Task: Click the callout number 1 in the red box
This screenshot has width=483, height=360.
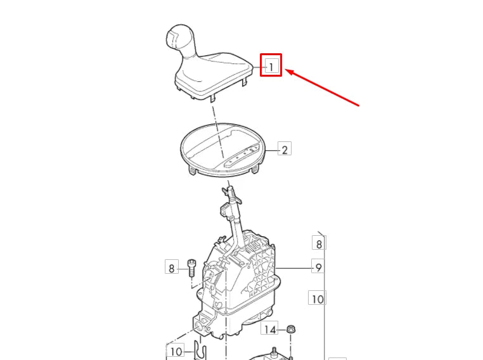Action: [x=271, y=67]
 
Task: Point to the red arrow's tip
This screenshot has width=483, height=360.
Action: [x=285, y=70]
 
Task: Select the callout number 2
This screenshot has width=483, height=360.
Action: [x=285, y=150]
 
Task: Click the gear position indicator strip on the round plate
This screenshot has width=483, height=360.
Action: [x=244, y=155]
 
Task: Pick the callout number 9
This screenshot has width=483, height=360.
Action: [x=318, y=267]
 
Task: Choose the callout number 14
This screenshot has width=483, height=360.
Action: [x=270, y=330]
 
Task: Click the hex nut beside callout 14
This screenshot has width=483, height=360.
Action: [x=290, y=329]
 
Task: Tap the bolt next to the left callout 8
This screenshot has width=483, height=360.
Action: [x=191, y=268]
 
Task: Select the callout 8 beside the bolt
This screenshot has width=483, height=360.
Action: [x=172, y=269]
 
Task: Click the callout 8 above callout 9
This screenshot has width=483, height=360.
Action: [x=319, y=244]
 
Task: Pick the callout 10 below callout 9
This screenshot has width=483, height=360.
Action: [x=318, y=299]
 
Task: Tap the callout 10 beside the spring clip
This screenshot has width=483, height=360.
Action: [x=176, y=351]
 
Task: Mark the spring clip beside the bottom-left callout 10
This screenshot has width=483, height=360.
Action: [x=200, y=351]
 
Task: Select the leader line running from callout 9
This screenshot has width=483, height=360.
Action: [x=295, y=268]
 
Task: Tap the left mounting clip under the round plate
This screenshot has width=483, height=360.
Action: [x=192, y=170]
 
